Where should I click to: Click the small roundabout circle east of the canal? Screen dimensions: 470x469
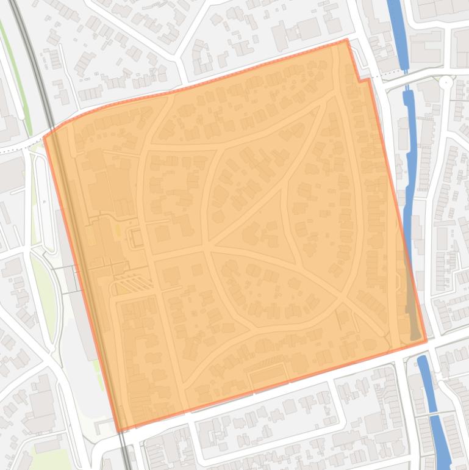tap(447, 81)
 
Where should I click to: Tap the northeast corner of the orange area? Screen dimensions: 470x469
tap(347, 40)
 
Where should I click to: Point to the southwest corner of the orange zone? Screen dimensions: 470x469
tap(119, 432)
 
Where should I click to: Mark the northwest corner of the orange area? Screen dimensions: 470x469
tap(45, 137)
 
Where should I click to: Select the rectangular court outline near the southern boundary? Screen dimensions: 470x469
tap(268, 377)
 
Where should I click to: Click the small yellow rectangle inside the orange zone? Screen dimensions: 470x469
tap(116, 230)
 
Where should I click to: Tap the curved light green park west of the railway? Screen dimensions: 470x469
tap(44, 299)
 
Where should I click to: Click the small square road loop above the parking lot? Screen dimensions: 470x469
tap(136, 237)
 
